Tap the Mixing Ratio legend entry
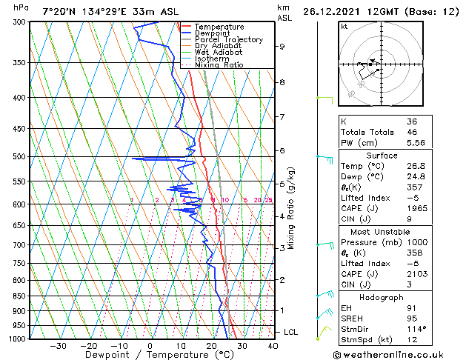(219, 64)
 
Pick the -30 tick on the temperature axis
(58, 346)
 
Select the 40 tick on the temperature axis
(273, 346)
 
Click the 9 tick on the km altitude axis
(282, 47)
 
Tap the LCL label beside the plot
(290, 333)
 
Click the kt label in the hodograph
(344, 27)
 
